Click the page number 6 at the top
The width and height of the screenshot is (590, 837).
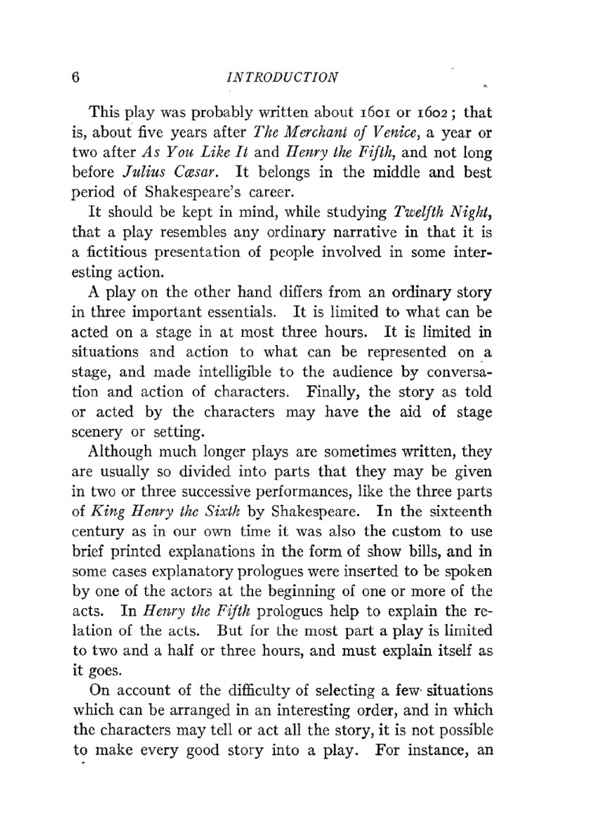click(76, 77)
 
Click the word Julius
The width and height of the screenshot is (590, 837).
click(142, 172)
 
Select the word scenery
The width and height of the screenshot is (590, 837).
click(97, 432)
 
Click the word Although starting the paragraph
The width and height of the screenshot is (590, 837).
click(120, 452)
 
